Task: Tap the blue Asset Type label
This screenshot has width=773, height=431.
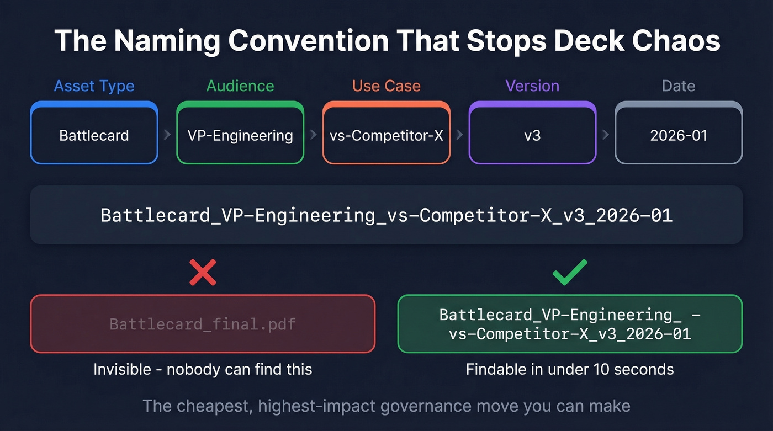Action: [x=94, y=86]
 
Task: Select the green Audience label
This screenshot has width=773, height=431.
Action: [x=240, y=86]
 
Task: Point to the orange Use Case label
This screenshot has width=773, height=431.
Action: [x=386, y=86]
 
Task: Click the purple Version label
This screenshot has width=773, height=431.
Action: [x=532, y=86]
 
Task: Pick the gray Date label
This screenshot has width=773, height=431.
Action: [x=679, y=86]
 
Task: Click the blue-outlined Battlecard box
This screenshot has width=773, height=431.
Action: [x=94, y=135]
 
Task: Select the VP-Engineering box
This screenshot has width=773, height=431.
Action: [x=240, y=135]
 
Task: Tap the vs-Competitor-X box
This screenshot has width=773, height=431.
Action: [x=386, y=135]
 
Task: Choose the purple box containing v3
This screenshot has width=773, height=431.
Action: [x=532, y=135]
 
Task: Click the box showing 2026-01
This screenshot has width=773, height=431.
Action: [x=679, y=135]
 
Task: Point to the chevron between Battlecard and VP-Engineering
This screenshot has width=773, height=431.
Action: [x=167, y=135]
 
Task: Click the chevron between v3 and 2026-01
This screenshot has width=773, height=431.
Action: [x=606, y=135]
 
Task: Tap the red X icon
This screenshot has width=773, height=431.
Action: [x=203, y=272]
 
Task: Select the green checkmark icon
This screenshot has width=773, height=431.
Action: [x=570, y=272]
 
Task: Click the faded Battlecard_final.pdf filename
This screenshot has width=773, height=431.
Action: [x=203, y=323]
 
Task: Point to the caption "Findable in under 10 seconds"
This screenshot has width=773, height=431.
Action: [x=570, y=369]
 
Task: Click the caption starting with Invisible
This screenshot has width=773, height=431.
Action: [x=203, y=369]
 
